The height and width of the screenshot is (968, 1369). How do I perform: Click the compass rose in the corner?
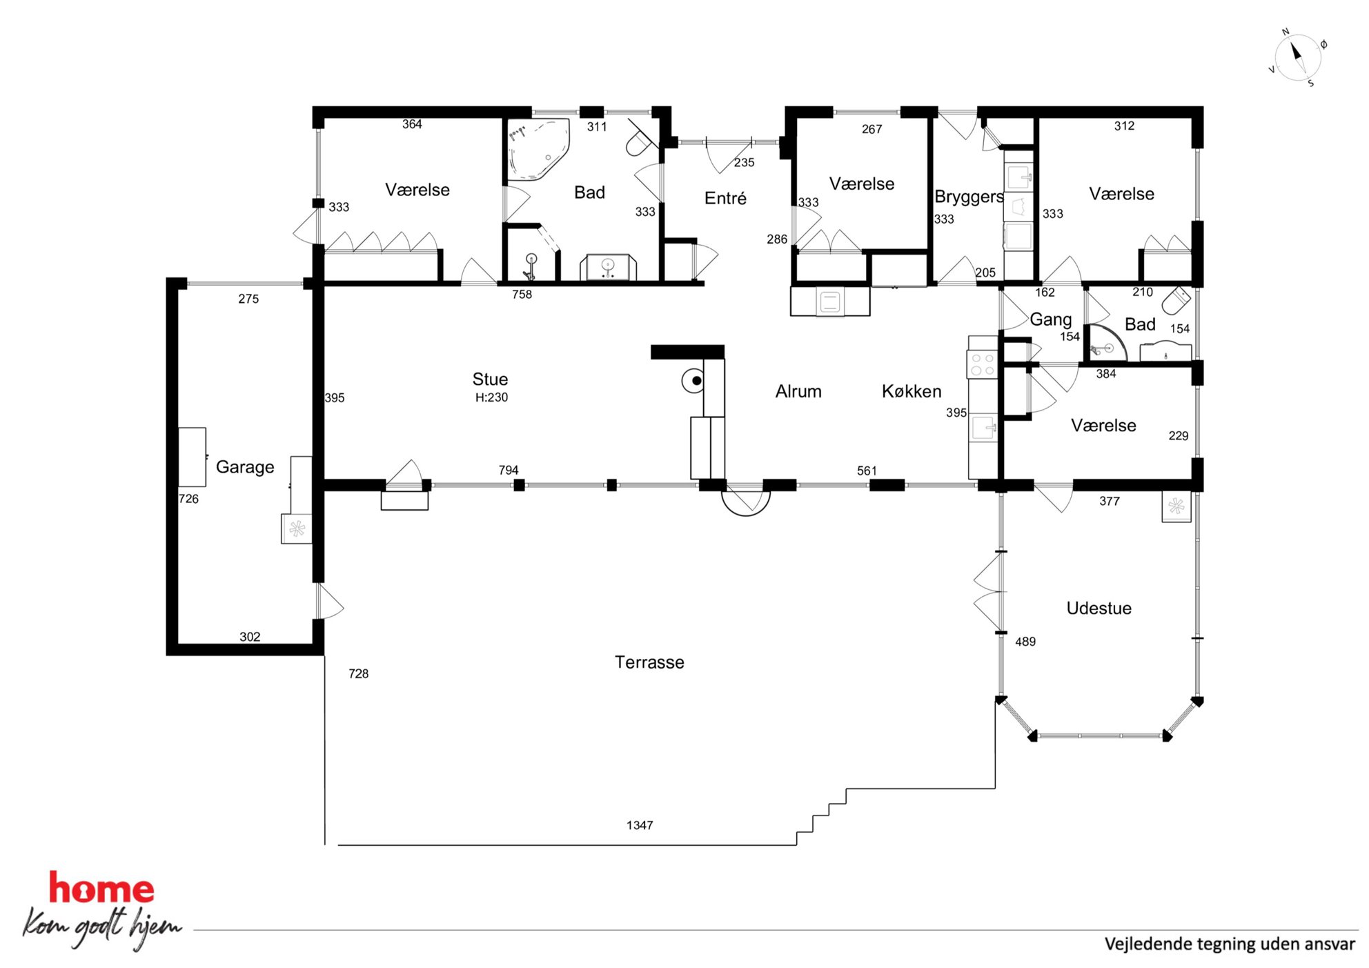tap(1297, 58)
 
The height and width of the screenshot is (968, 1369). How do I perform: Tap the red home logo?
tap(101, 889)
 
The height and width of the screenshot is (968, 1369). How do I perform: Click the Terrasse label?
tap(649, 662)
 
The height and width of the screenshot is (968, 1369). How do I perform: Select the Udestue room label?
tap(1099, 608)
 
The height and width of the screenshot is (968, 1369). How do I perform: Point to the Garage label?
tap(245, 467)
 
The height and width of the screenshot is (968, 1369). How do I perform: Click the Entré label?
tap(725, 198)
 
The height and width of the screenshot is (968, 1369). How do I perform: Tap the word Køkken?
tap(912, 391)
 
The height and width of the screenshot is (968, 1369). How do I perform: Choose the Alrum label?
tap(798, 391)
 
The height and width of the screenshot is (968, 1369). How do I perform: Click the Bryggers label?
tap(968, 197)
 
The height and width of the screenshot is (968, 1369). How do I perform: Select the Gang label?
tap(1051, 319)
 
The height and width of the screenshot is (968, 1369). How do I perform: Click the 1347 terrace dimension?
tap(640, 825)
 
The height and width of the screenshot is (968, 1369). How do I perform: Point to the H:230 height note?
tap(491, 397)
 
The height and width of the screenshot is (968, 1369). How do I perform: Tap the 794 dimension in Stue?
tap(509, 470)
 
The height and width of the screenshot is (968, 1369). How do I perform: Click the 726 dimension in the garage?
tap(188, 499)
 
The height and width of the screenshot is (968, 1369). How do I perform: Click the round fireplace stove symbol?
tap(693, 380)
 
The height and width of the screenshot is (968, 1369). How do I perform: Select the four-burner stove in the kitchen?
tap(983, 364)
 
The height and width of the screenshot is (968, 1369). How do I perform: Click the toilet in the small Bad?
tap(1176, 300)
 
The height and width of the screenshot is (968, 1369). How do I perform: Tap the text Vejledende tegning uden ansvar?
tap(1230, 944)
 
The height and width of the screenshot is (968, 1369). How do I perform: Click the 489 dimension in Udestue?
tap(1025, 642)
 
